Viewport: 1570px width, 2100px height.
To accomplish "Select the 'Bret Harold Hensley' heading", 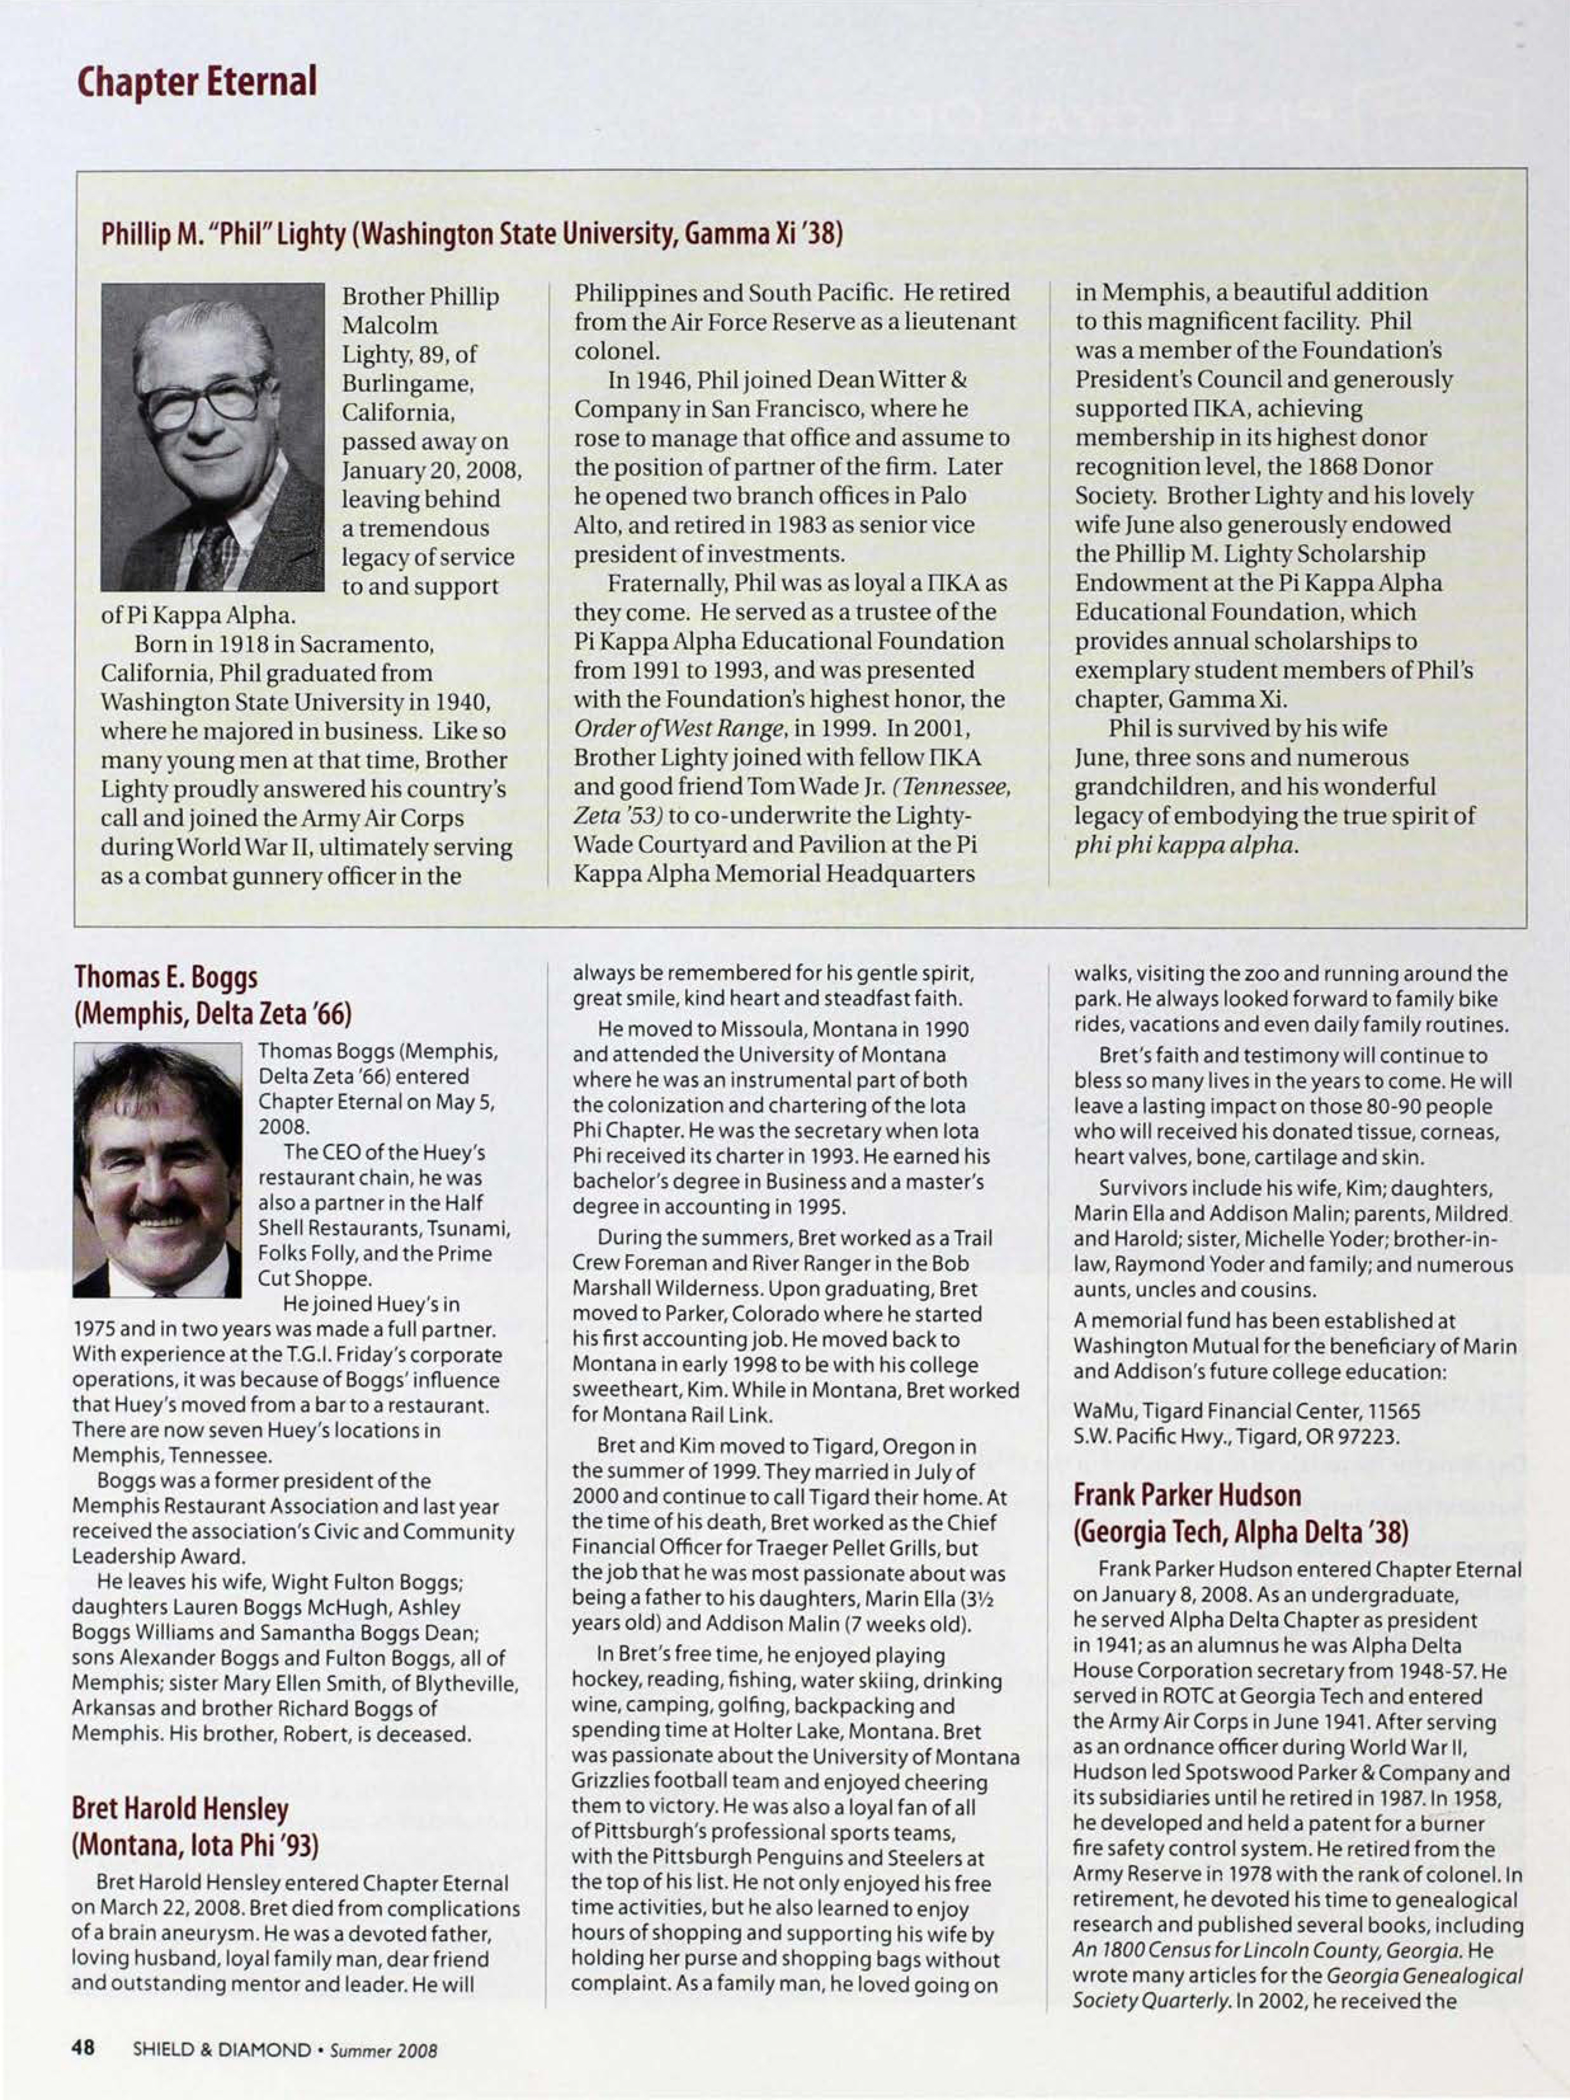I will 180,1809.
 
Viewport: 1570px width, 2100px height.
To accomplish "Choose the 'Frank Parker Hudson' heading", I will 1187,1495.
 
